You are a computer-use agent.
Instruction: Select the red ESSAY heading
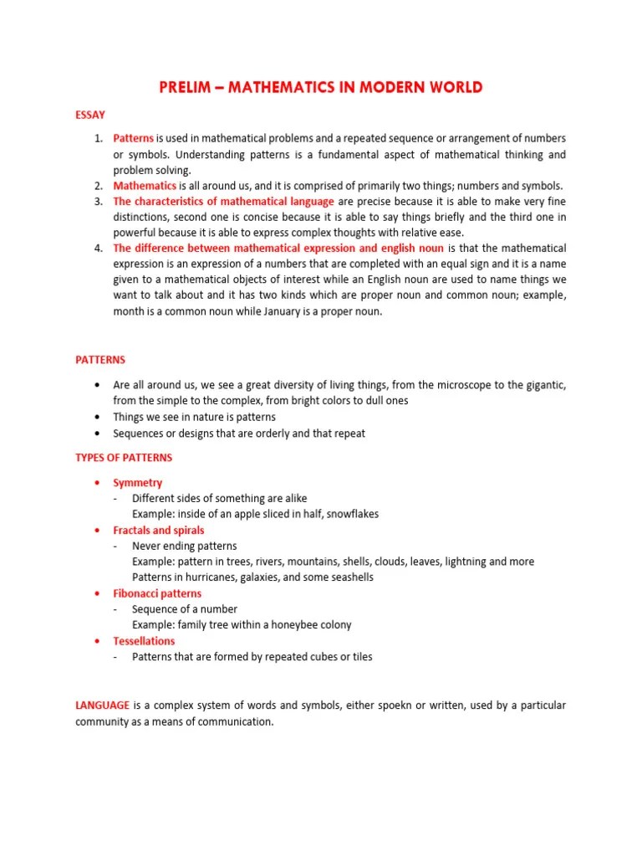click(x=90, y=114)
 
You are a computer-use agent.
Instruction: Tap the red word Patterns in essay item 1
click(x=134, y=138)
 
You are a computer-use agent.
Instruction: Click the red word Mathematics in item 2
click(x=145, y=186)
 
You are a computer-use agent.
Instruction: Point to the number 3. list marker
click(x=98, y=202)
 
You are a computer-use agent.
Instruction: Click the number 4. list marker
click(x=98, y=249)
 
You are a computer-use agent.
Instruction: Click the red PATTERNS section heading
click(x=100, y=360)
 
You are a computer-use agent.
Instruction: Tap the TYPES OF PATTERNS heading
click(x=124, y=458)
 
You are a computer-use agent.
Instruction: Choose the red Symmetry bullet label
click(x=138, y=483)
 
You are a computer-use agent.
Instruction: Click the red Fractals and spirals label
click(x=159, y=531)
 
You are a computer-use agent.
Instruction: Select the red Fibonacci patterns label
click(x=157, y=593)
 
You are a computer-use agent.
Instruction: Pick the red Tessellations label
click(x=145, y=641)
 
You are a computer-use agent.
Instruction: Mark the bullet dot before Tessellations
click(x=98, y=642)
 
